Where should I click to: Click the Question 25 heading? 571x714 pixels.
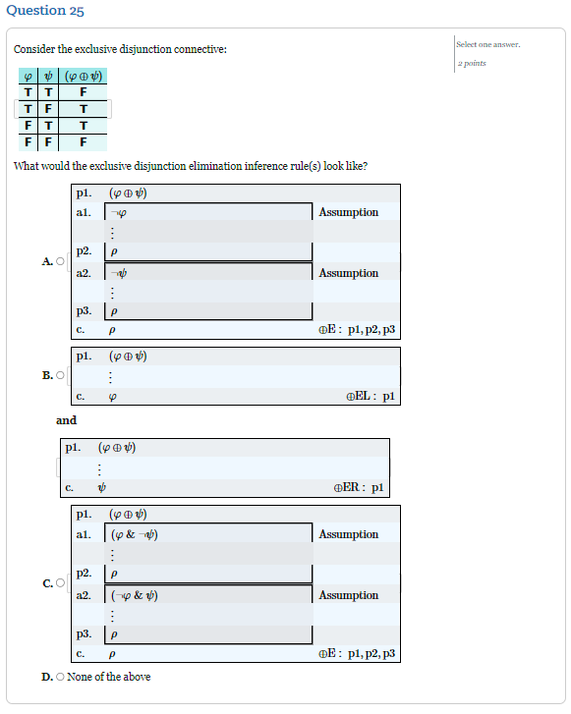45,11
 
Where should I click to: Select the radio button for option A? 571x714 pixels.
60,261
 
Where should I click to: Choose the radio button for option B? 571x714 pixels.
60,375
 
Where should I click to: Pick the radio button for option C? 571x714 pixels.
60,583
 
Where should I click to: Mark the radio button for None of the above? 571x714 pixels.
61,677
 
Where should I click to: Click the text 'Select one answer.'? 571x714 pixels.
488,44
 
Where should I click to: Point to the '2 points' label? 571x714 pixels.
472,63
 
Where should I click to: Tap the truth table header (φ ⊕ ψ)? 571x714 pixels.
84,77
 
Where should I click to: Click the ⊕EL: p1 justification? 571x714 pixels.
370,397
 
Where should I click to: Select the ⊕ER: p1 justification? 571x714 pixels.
358,487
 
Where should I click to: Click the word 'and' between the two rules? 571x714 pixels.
66,420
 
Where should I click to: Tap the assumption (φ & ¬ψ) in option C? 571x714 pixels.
135,534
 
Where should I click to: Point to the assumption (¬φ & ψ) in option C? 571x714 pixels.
135,595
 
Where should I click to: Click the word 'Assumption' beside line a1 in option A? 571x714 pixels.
348,212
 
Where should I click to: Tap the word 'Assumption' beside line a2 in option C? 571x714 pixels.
348,595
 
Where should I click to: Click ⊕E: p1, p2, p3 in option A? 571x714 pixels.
357,330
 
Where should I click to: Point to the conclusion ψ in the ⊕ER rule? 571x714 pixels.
102,487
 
